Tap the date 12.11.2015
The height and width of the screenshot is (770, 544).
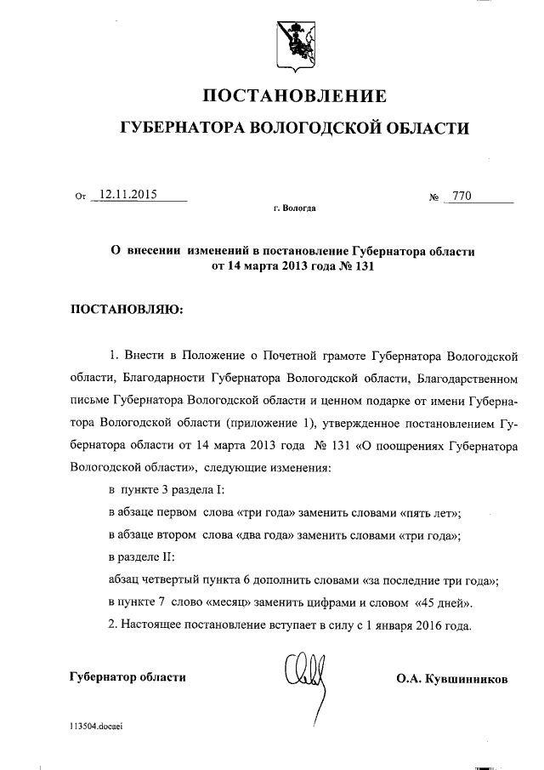[x=129, y=195]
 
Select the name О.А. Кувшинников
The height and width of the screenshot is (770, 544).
[x=452, y=679]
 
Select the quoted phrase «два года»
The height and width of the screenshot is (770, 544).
[x=264, y=535]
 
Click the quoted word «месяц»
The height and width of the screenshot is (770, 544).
[x=238, y=603]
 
